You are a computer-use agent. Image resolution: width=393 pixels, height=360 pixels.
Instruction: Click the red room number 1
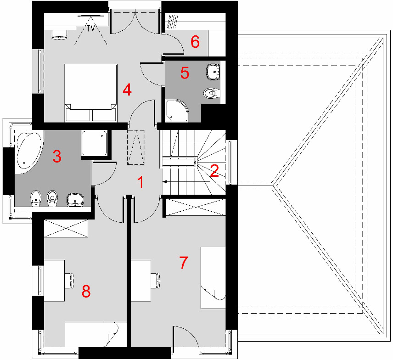pos(141,182)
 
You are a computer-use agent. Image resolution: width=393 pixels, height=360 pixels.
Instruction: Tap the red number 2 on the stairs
pos(214,171)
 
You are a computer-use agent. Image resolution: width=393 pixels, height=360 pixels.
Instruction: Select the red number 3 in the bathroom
pos(57,157)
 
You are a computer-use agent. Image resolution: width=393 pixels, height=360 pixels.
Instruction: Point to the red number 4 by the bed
pos(127,90)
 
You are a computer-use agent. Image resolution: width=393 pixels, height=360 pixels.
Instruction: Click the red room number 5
pos(185,73)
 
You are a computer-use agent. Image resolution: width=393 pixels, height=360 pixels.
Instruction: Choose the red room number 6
pos(195,42)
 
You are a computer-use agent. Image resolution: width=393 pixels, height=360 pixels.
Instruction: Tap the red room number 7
pos(184,263)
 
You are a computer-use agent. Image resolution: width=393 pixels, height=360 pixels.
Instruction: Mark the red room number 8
pos(86,291)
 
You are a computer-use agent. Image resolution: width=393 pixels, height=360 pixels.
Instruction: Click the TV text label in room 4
pos(91,28)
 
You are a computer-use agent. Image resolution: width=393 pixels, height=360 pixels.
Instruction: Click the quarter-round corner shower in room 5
pos(176,111)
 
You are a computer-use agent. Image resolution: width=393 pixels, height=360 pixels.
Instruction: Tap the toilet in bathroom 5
pos(212,93)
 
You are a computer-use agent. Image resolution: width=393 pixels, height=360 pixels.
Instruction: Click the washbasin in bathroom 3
pos(75,200)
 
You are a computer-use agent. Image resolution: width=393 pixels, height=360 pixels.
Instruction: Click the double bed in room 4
pos(91,93)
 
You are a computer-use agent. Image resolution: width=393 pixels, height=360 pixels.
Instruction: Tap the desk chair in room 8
pos(69,280)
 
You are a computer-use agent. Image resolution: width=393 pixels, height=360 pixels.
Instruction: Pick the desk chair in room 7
pos(156,280)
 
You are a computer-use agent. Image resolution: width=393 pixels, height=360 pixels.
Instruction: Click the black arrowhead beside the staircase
pos(165,181)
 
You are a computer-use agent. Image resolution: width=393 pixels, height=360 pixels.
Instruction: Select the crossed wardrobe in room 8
pos(66,228)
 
